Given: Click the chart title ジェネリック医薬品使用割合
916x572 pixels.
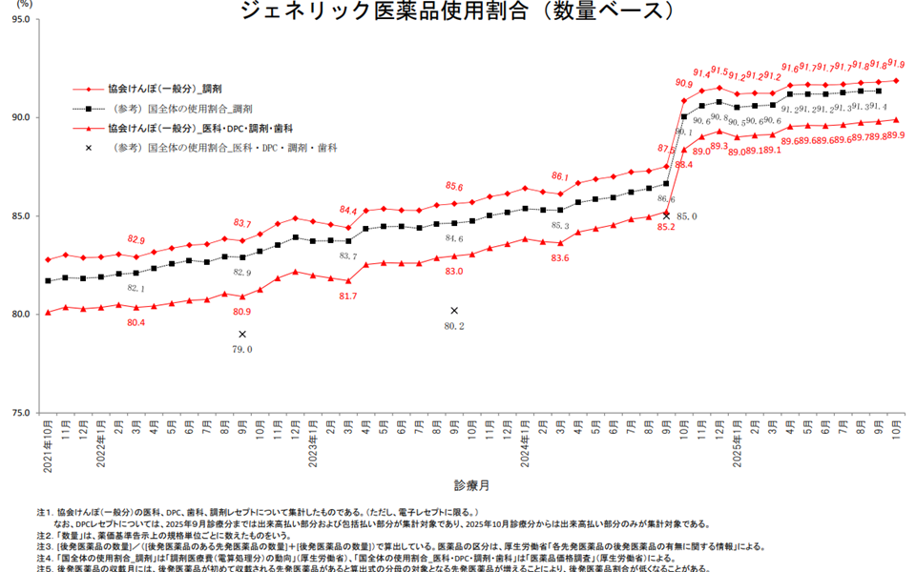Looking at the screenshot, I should tap(458, 11).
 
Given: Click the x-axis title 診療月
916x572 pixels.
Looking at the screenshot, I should tap(471, 484).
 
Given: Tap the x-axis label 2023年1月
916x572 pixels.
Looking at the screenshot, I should tap(312, 446).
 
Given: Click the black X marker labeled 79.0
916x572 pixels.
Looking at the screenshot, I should tap(242, 334).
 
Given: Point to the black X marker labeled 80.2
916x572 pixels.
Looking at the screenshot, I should tap(454, 311).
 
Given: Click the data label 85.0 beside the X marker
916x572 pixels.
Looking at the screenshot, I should tap(686, 217).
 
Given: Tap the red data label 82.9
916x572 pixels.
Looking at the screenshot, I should tap(136, 239).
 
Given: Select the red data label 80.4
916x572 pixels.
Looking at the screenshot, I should tap(136, 323).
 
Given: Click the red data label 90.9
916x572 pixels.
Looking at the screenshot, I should tap(683, 85).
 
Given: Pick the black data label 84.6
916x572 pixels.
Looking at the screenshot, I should tap(454, 239).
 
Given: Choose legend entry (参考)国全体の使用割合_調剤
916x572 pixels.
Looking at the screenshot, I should tap(180, 109).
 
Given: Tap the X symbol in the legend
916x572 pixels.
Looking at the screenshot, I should tap(89, 148).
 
